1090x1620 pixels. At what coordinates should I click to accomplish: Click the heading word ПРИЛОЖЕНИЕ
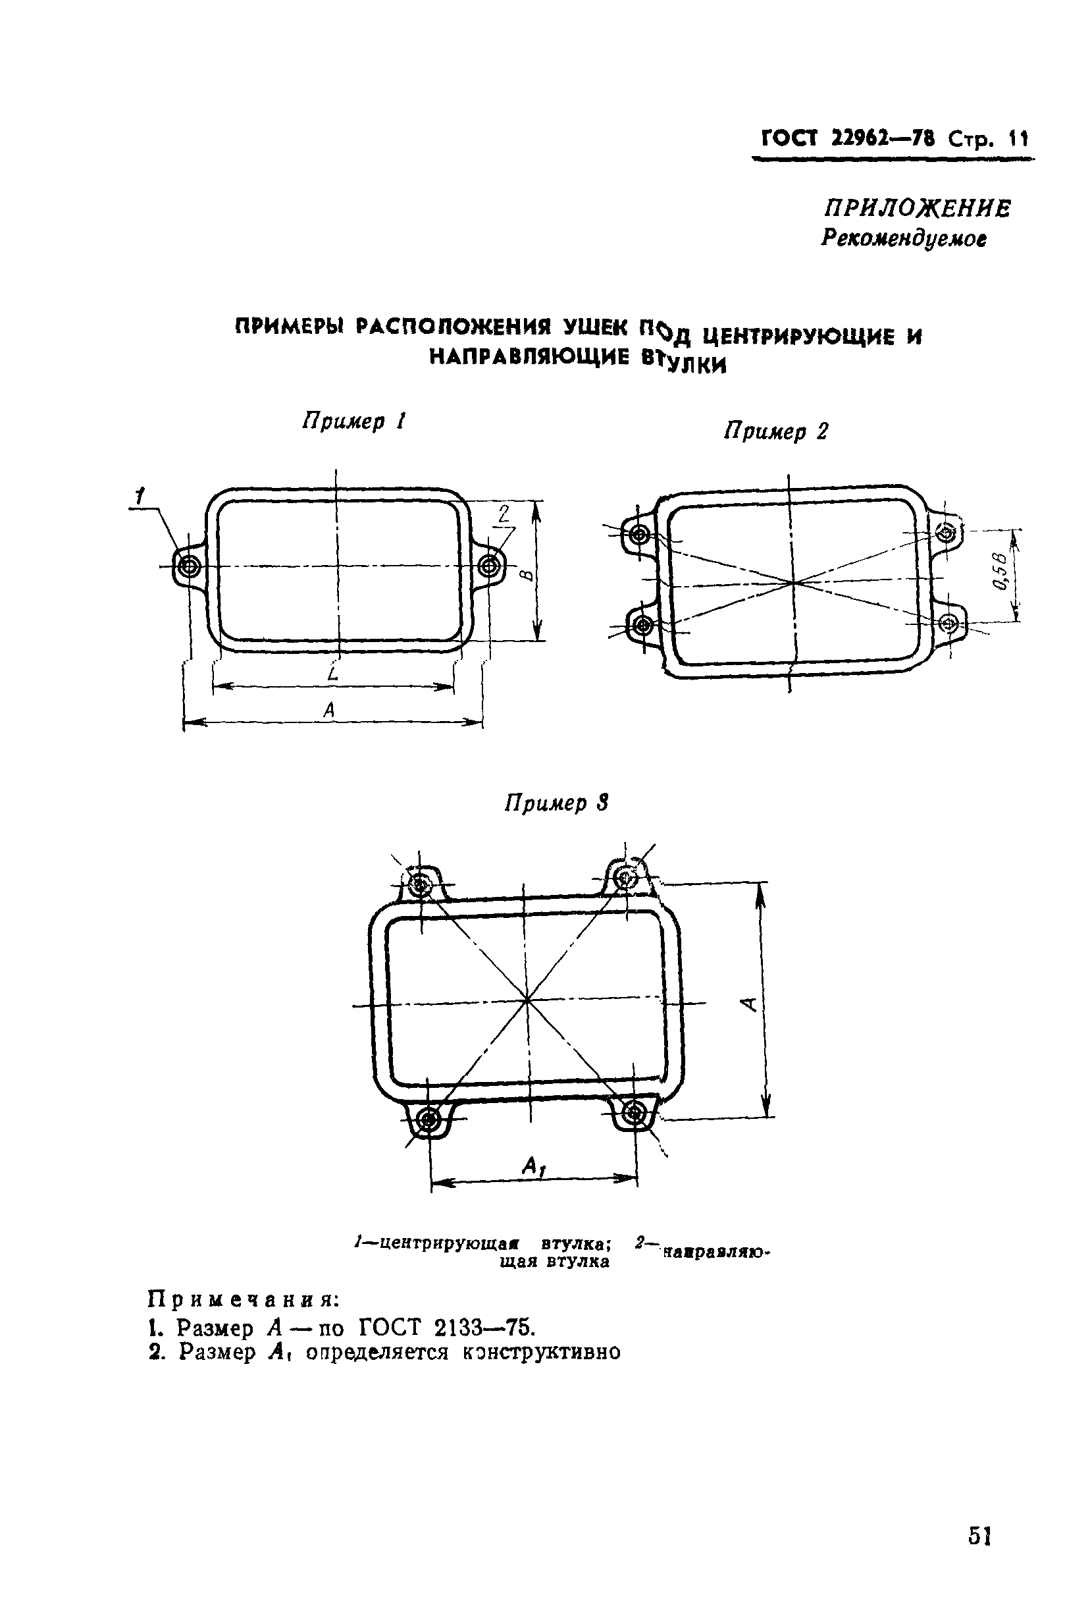point(917,208)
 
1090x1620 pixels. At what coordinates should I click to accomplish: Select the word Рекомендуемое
point(904,238)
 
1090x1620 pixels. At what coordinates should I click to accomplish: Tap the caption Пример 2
point(776,432)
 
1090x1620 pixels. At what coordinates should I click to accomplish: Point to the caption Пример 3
point(556,803)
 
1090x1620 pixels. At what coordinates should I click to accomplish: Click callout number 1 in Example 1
point(140,496)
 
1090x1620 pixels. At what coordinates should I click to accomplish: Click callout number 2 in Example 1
point(505,514)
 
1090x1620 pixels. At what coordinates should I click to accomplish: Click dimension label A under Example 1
point(330,710)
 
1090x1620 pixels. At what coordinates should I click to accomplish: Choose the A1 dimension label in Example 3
point(533,1166)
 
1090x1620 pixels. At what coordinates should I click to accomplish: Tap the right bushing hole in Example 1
point(488,566)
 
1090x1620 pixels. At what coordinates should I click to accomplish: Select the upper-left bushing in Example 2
point(640,535)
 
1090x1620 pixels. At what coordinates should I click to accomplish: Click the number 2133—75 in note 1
point(484,1328)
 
